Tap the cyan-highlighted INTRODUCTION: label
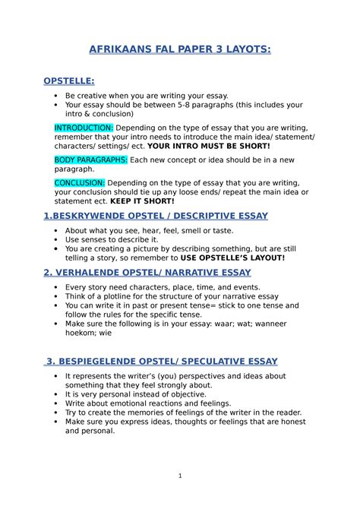[84, 126]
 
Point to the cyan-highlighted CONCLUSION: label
[80, 183]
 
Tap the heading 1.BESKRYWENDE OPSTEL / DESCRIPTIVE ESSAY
[156, 216]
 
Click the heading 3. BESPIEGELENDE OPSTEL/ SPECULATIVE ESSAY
[161, 361]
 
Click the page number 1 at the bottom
[180, 476]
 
